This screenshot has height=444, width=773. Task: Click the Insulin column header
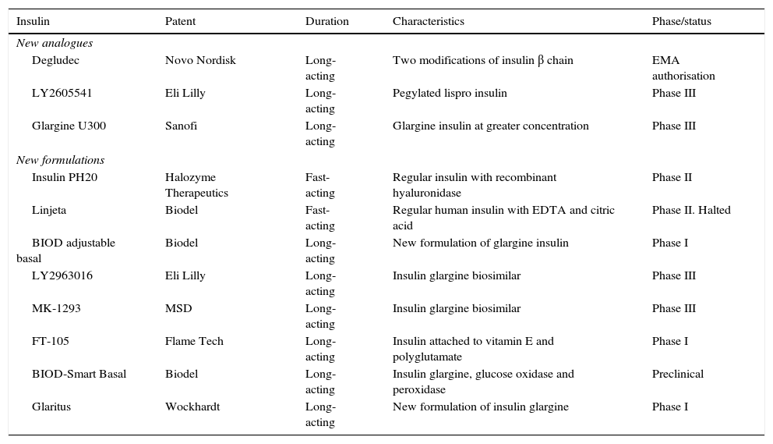pos(34,21)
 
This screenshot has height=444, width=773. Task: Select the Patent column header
pos(180,21)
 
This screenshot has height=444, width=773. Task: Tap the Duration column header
pos(326,21)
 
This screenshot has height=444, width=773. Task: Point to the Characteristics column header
pos(428,21)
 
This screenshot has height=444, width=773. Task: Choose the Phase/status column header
pos(681,21)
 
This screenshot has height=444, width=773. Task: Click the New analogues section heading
pos(55,43)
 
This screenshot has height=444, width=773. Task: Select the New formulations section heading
pos(60,160)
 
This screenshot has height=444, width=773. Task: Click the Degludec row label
pos(55,60)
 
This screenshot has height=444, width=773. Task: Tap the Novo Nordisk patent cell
pos(200,60)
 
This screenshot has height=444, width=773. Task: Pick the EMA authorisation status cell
pos(683,68)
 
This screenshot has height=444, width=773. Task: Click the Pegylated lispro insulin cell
pos(450,93)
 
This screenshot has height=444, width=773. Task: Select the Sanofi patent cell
pos(181,126)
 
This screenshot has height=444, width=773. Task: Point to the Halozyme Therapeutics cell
pos(196,185)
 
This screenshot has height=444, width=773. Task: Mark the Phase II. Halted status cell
pos(691,210)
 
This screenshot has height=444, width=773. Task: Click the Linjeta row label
pos(49,210)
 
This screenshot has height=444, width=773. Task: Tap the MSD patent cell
pos(178,308)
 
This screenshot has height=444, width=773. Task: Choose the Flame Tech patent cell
pos(194,341)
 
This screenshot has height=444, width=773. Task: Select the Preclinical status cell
pos(677,374)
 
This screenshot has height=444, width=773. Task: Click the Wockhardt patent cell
pos(192,407)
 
